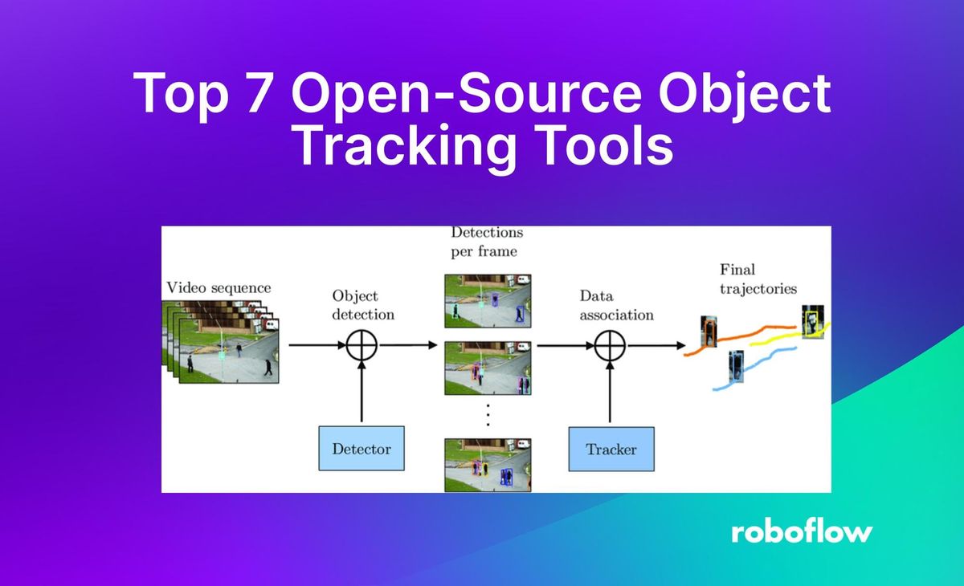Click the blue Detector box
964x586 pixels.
click(361, 448)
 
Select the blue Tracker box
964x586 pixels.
click(611, 449)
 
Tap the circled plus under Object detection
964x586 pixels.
click(361, 345)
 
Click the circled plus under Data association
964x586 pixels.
click(611, 345)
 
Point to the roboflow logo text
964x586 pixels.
click(802, 531)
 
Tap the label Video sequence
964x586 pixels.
click(219, 287)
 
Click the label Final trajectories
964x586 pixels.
click(758, 279)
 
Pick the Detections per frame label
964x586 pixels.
click(486, 242)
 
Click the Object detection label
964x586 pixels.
click(362, 304)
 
